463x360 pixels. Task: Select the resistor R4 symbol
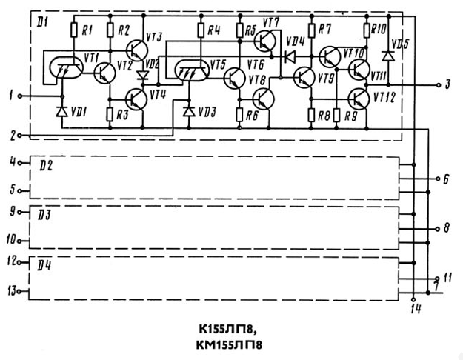click(x=201, y=31)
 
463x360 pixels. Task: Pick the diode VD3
click(x=187, y=112)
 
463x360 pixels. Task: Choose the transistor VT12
click(x=358, y=99)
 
